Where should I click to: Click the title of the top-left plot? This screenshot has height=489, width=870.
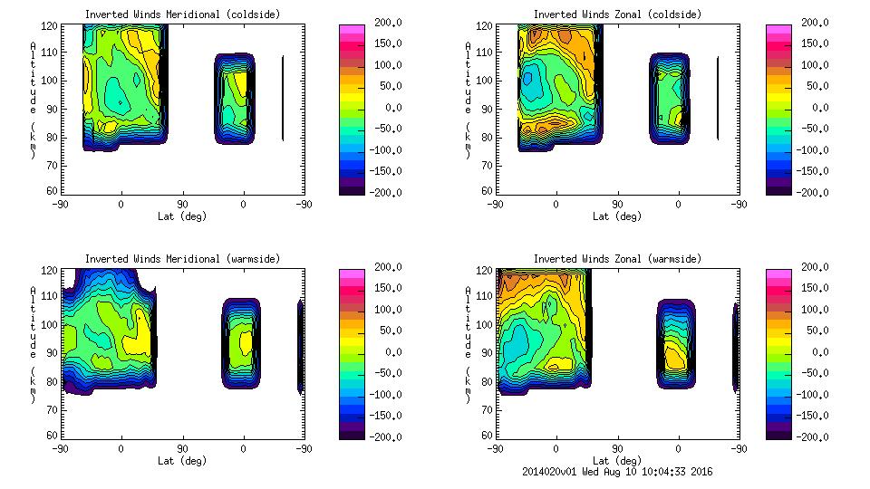point(182,14)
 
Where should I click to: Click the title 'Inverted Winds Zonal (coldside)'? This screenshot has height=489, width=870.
point(617,14)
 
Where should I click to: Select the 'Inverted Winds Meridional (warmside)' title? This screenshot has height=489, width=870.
point(182,259)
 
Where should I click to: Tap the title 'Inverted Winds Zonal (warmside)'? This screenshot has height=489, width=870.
point(617,259)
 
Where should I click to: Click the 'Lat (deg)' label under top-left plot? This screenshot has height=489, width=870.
point(182,216)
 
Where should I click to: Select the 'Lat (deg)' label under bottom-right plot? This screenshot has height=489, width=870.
point(617,461)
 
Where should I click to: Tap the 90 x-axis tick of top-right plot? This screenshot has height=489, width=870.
point(617,205)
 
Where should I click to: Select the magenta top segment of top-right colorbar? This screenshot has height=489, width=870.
point(779,30)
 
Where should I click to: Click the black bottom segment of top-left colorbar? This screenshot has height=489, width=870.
point(352,187)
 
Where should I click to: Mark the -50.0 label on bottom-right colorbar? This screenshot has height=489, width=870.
point(812,373)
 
